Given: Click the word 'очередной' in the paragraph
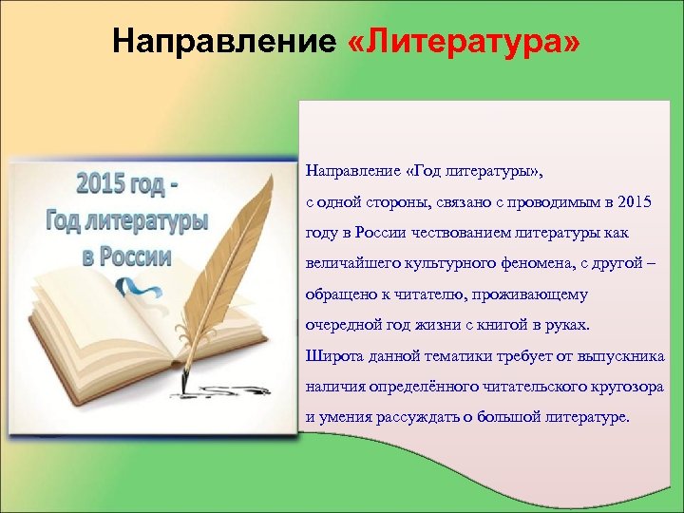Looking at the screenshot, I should click(341, 325).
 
